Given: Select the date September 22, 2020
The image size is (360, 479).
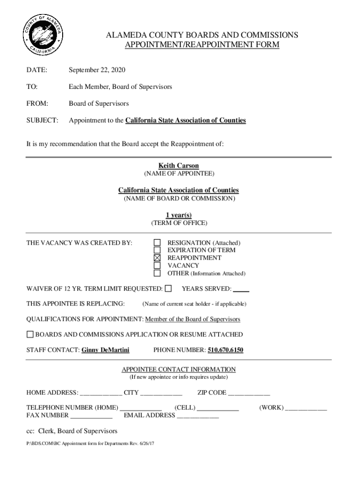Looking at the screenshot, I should (97, 70).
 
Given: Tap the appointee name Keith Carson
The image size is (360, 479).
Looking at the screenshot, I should (179, 166).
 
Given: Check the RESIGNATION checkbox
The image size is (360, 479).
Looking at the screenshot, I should (158, 243).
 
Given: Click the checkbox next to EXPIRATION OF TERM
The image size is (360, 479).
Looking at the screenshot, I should (158, 250).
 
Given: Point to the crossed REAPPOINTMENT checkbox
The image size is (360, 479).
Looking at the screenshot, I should (158, 258).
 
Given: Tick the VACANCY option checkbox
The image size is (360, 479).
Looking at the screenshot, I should (158, 265).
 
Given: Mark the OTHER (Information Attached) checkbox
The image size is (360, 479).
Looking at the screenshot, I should (158, 273).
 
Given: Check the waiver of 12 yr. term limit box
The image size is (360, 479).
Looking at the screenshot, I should (168, 289).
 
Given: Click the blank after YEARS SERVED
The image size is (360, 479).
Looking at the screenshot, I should (241, 289).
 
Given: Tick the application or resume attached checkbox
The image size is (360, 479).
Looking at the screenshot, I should (30, 334).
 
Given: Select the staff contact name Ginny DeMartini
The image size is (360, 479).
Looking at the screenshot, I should (105, 350).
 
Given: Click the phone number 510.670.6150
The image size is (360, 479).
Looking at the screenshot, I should (225, 350).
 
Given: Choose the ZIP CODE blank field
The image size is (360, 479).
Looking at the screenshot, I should (249, 393).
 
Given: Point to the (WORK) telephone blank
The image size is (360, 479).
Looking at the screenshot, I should (306, 408).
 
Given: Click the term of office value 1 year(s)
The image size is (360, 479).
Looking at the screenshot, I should (179, 215).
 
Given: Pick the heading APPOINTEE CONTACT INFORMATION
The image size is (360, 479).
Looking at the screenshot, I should (179, 370).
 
